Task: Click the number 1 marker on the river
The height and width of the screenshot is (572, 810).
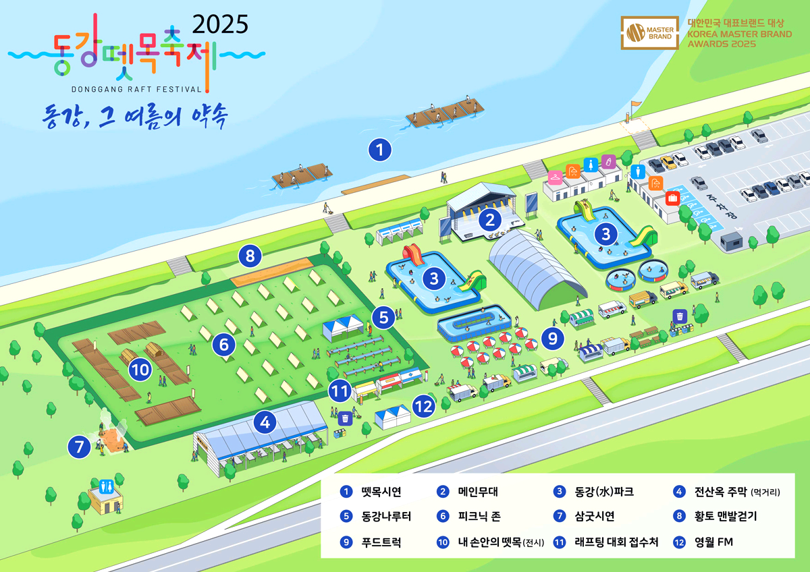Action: click(380, 150)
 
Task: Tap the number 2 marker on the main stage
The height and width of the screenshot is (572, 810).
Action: click(489, 219)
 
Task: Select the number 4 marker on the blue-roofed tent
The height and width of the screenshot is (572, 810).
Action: click(265, 423)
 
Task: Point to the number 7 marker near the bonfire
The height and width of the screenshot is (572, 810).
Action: click(79, 447)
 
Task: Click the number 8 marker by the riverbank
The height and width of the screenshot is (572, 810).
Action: click(250, 256)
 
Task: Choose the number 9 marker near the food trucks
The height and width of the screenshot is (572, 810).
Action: click(553, 338)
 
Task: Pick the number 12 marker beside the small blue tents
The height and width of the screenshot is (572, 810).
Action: click(423, 407)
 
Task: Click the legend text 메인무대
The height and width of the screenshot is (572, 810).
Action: click(478, 492)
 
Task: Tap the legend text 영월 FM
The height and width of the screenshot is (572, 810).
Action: click(713, 542)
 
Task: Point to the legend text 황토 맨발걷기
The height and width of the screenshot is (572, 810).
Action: click(726, 517)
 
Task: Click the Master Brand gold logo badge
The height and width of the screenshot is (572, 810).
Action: click(649, 34)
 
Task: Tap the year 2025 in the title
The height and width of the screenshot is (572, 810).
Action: click(221, 24)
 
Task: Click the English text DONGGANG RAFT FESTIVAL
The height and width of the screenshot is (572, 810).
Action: click(136, 88)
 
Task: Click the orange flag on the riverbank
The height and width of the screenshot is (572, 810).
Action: click(634, 105)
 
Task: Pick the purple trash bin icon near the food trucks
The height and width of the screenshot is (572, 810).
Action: click(680, 316)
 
